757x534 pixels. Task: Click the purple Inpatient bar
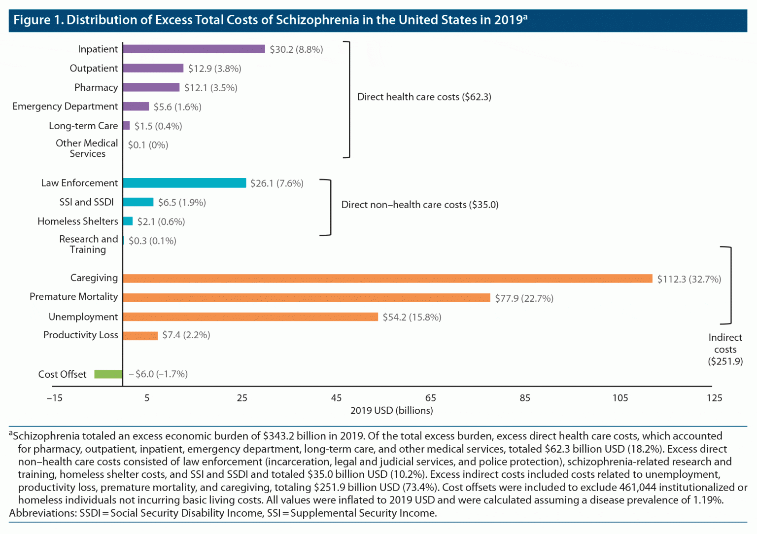(x=194, y=49)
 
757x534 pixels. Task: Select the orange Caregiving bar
(x=387, y=279)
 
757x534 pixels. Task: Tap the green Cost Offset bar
(x=108, y=374)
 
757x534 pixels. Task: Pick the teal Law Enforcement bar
(x=184, y=183)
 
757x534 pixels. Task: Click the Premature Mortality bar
(x=306, y=298)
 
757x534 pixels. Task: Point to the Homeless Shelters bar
(x=128, y=221)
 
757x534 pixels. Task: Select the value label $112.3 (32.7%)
(x=688, y=279)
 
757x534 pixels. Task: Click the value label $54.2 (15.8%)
(x=412, y=317)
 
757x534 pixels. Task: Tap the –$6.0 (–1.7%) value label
(x=158, y=374)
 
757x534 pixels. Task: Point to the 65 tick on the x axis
(x=430, y=398)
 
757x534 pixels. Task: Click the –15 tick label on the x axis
(x=55, y=398)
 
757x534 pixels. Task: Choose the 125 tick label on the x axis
(x=714, y=398)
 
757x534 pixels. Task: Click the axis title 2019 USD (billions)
(x=391, y=410)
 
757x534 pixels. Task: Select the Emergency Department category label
(x=65, y=107)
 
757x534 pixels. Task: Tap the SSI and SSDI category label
(x=86, y=202)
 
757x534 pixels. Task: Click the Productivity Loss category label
(x=80, y=335)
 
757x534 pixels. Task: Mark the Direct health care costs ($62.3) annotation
(x=424, y=97)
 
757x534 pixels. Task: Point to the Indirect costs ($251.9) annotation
(x=725, y=349)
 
